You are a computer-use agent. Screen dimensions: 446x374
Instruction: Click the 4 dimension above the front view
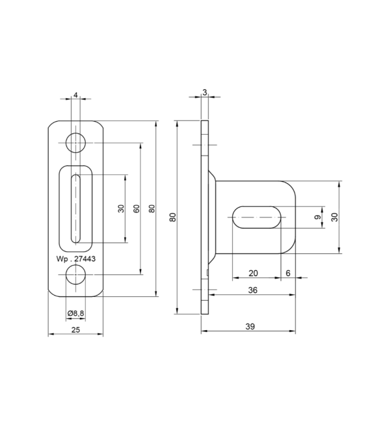point(75,95)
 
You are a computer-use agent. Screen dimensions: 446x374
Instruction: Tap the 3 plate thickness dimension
point(204,93)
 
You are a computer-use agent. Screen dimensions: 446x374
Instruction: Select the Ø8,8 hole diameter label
point(75,313)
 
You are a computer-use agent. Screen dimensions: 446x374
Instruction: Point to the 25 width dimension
point(75,330)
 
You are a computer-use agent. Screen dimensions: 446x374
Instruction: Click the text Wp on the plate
point(62,258)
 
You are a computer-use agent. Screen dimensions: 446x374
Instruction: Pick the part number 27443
point(85,258)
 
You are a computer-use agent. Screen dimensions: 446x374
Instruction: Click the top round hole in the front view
point(75,142)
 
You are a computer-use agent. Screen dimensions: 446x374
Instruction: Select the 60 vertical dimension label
point(137,209)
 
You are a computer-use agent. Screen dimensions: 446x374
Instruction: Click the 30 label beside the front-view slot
point(120,209)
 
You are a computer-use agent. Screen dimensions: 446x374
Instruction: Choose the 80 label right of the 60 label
point(152,209)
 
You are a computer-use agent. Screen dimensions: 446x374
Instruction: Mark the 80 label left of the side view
point(173,217)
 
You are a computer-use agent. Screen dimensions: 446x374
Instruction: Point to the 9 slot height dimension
point(318,217)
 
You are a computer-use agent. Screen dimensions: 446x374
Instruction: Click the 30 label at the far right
point(334,217)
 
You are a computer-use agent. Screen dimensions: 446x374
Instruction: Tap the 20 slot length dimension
point(253,273)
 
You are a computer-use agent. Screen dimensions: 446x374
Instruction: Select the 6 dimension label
point(287,273)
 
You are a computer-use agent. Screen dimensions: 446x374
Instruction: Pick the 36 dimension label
point(253,290)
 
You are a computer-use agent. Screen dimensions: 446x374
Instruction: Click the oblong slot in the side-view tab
point(257,216)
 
